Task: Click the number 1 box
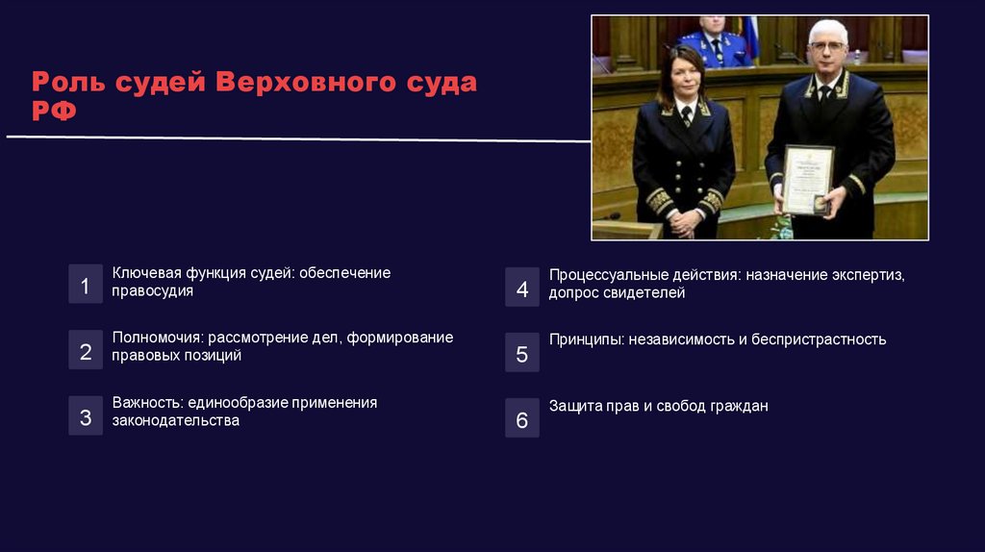click(x=86, y=285)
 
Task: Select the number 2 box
click(x=86, y=350)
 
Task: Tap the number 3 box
click(x=86, y=415)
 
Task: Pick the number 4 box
click(x=522, y=288)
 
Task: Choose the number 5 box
click(x=522, y=352)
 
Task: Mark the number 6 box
click(x=522, y=418)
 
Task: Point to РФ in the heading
click(x=55, y=113)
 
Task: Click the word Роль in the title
click(x=66, y=82)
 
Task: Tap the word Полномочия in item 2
click(x=155, y=338)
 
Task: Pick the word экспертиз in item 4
click(x=871, y=275)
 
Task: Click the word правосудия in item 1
click(x=152, y=290)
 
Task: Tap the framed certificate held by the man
click(x=806, y=180)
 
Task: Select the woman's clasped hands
click(x=682, y=220)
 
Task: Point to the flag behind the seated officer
click(x=750, y=37)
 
